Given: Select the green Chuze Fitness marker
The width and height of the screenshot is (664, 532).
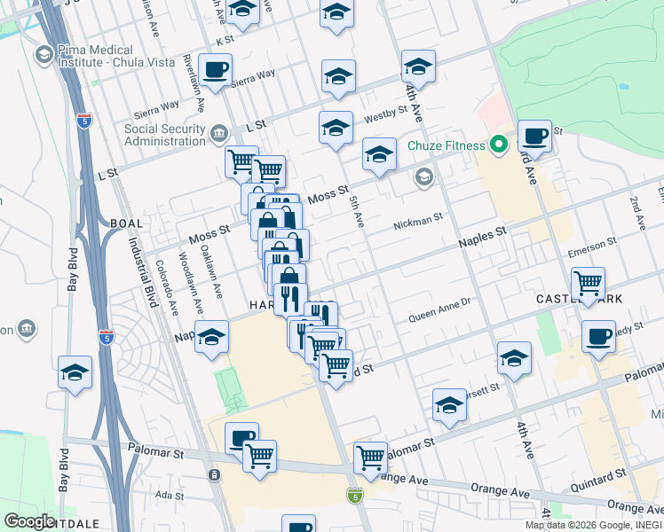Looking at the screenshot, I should click(499, 145).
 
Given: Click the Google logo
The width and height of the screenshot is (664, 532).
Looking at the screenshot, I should click(29, 521).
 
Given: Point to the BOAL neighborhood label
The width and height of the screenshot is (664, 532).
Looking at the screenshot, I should click(122, 223).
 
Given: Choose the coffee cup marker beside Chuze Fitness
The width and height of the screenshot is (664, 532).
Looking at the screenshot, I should click(534, 137).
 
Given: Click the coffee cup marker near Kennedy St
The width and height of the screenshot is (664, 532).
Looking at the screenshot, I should click(598, 337).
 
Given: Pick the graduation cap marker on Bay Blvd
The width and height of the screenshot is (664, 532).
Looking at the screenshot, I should click(75, 373).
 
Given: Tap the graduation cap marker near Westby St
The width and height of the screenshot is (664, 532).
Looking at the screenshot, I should click(336, 128).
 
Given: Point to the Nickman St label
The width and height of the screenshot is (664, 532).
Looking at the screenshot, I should click(417, 219).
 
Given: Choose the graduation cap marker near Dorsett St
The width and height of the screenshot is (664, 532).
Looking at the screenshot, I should click(449, 406).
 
